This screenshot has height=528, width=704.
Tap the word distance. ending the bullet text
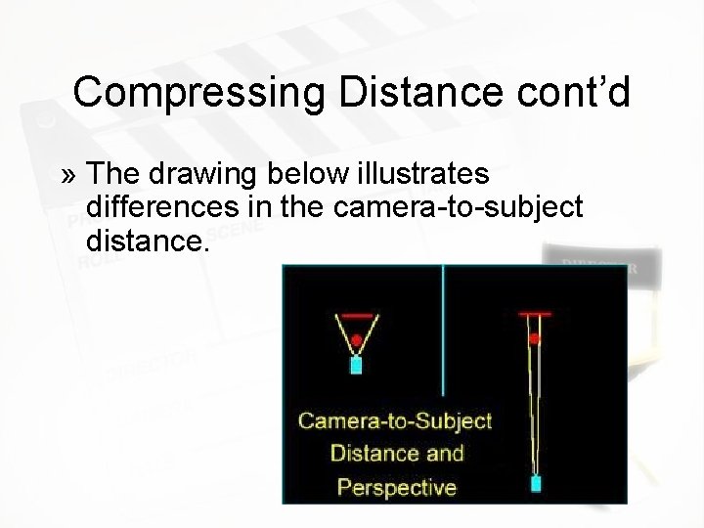click(x=148, y=239)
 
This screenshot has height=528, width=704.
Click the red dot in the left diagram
click(x=357, y=340)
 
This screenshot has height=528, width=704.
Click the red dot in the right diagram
click(x=534, y=339)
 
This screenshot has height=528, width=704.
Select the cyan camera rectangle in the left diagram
click(x=357, y=366)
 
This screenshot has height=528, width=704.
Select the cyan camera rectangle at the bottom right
click(x=536, y=483)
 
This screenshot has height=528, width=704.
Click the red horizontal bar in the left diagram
click(x=357, y=315)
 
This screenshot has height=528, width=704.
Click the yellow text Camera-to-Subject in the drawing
click(x=395, y=421)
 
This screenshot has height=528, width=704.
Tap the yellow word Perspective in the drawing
click(x=396, y=486)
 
